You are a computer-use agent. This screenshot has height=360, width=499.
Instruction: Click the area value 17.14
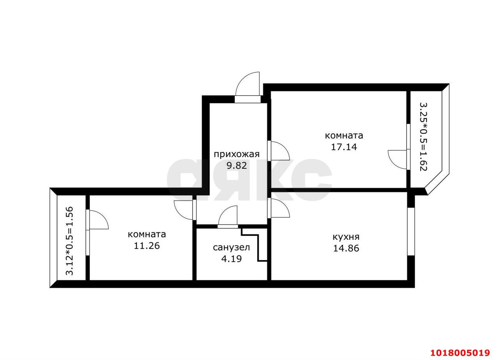click(344, 147)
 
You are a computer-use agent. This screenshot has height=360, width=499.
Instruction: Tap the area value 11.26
click(147, 246)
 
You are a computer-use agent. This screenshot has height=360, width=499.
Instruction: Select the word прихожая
click(237, 155)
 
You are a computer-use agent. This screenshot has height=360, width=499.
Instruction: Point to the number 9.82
click(237, 166)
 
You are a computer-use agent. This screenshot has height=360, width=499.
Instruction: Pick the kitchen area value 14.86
click(346, 249)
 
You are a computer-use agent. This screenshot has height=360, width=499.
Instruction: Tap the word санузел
click(232, 247)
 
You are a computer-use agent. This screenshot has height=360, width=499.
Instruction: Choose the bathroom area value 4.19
click(232, 259)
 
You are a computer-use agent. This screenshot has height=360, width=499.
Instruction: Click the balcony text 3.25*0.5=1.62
click(423, 137)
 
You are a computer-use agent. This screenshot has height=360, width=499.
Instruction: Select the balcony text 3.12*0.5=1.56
click(69, 241)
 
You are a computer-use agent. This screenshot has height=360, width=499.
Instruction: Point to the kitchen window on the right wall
click(411, 231)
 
